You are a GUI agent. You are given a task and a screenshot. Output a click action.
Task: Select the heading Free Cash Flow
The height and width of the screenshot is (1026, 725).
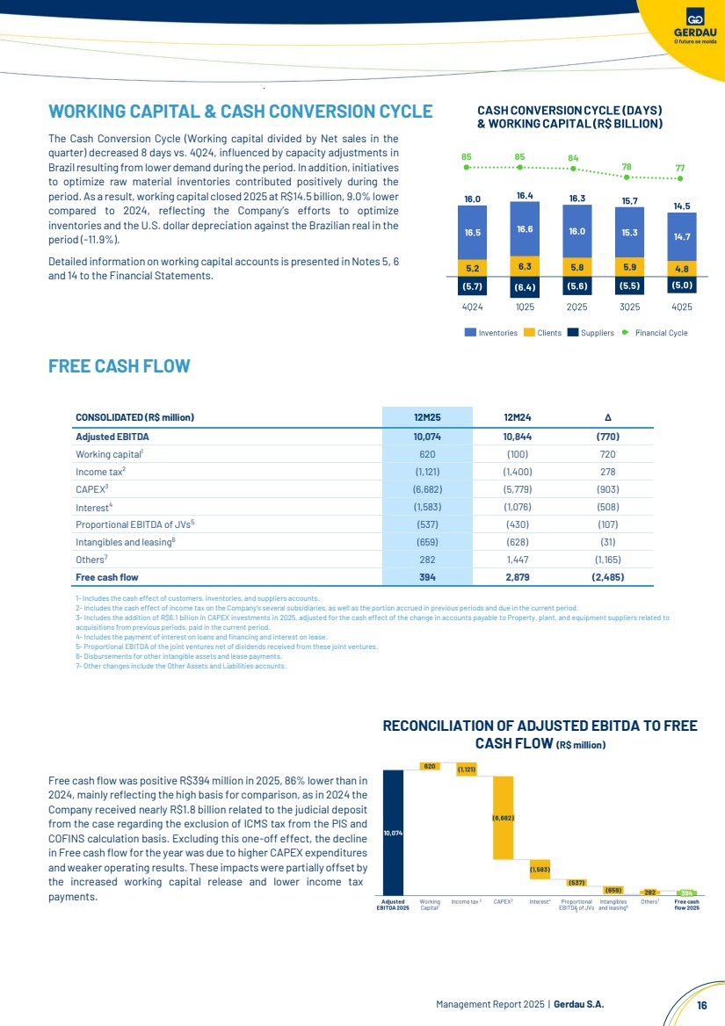pyautogui.click(x=120, y=365)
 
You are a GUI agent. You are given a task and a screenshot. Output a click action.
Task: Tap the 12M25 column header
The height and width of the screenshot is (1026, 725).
pyautogui.click(x=426, y=416)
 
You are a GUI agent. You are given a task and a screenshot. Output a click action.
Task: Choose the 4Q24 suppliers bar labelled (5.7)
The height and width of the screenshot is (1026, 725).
pyautogui.click(x=471, y=285)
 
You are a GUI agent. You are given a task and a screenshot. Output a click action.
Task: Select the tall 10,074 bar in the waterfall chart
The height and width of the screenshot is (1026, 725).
pyautogui.click(x=393, y=832)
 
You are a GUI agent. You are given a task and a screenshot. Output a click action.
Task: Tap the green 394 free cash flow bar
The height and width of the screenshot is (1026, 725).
pyautogui.click(x=686, y=892)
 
